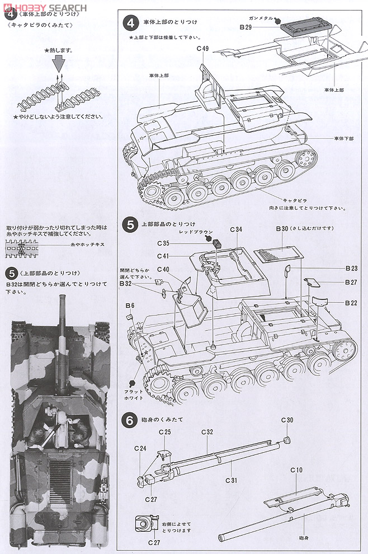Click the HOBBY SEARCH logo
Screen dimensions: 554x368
[x=44, y=7]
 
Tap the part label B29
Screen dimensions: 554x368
[x=246, y=26]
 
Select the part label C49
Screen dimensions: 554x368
[x=202, y=49]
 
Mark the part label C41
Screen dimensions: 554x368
[x=163, y=256]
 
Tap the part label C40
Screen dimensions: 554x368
[x=163, y=269]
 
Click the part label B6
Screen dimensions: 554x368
[x=130, y=305]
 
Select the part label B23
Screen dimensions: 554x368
[x=351, y=268]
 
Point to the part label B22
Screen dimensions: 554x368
[x=351, y=303]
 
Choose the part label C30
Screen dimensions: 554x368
[x=287, y=420]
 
